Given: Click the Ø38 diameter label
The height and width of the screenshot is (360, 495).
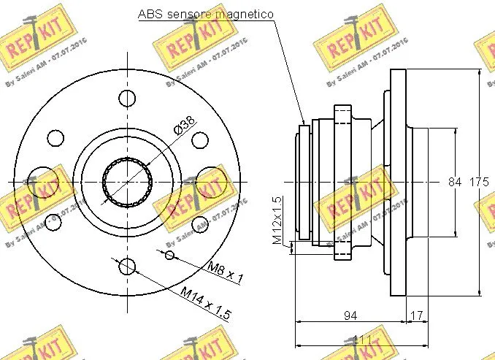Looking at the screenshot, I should point(183,126).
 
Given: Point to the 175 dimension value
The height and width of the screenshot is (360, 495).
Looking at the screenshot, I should point(478,182).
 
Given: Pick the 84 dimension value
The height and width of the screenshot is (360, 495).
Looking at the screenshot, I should point(455,182).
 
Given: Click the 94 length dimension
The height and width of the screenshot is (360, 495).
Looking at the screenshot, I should point(350,315).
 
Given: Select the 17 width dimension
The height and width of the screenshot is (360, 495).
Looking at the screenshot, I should point(417,315).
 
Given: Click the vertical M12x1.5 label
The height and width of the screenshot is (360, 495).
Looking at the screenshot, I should point(277,220).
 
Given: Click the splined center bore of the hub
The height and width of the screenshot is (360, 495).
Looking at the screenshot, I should point(128,182).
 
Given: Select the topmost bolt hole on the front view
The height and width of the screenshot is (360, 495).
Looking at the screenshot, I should point(128,99).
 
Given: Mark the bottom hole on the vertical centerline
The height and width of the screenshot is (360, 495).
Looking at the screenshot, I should point(128,266).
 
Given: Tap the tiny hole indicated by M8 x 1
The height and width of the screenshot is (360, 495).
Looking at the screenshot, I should point(170,254).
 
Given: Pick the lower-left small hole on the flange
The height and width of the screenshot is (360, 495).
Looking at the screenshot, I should point(51,221).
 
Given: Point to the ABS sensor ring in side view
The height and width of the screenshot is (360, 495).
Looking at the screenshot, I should point(305,183).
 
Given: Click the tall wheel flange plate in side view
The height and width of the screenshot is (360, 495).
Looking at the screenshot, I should point(398,183).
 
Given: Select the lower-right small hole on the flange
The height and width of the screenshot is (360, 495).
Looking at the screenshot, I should point(199,223).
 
